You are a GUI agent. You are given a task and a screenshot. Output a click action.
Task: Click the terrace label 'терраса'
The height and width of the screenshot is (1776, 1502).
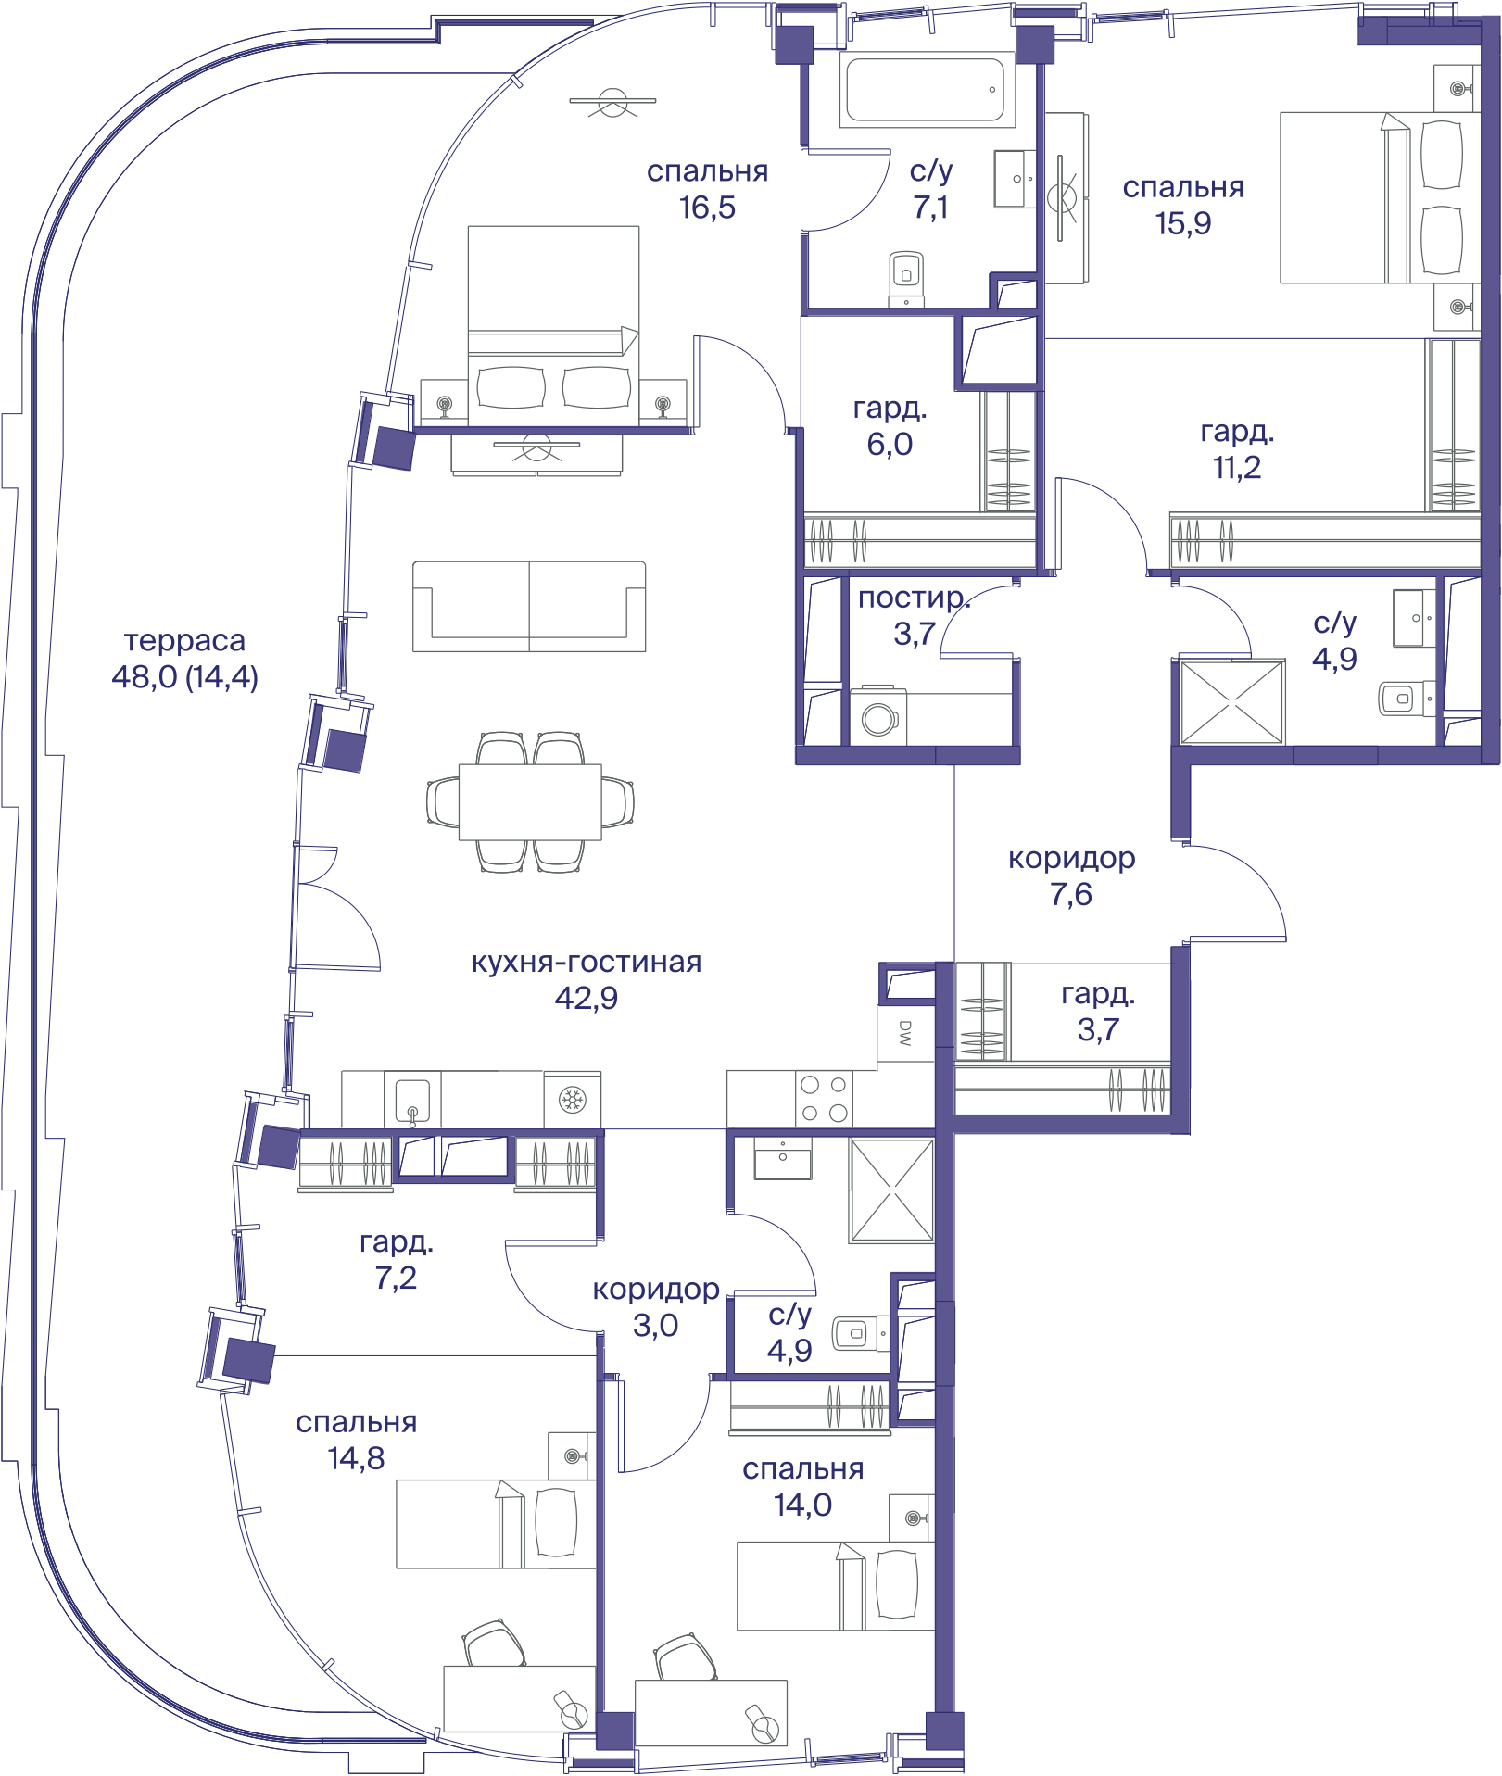[x=184, y=640]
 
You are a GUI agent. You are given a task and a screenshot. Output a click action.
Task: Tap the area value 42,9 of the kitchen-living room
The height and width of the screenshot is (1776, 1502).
[x=586, y=998]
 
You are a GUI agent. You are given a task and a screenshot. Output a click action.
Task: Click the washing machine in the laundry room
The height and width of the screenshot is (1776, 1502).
[x=879, y=716]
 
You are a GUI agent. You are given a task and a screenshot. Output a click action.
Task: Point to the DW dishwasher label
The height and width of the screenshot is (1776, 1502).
[x=905, y=1033]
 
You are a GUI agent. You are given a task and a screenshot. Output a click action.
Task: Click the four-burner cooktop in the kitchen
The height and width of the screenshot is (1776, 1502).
[x=824, y=1099]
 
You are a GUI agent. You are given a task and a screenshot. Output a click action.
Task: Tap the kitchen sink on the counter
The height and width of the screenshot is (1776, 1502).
[x=412, y=1100]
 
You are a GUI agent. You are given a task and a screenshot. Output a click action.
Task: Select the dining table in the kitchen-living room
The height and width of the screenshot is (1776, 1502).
[x=530, y=802]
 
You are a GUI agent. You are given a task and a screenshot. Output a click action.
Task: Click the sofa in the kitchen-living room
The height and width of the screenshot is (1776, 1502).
[x=529, y=606]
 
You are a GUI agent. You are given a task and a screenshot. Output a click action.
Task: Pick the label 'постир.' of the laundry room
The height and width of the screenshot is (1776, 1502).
[x=914, y=598]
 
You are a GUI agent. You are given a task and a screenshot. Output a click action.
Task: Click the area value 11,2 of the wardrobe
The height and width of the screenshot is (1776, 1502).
[x=1237, y=467]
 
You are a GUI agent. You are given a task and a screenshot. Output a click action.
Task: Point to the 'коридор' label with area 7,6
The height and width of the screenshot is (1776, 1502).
[x=1071, y=859]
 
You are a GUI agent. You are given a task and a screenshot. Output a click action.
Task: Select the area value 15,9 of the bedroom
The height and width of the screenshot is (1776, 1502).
[x=1182, y=223]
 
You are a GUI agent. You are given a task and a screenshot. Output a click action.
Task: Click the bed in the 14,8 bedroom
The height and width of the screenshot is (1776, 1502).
[x=496, y=1524]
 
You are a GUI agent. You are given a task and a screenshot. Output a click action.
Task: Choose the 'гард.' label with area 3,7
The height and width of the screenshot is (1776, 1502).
[x=1098, y=994]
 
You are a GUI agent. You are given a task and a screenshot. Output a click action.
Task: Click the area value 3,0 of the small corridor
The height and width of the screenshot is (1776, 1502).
[x=655, y=1325]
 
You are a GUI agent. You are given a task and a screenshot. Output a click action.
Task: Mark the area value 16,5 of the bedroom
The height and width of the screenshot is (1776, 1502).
[x=707, y=208]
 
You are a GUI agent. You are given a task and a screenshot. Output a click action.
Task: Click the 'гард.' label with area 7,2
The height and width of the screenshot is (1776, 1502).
[x=397, y=1242]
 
